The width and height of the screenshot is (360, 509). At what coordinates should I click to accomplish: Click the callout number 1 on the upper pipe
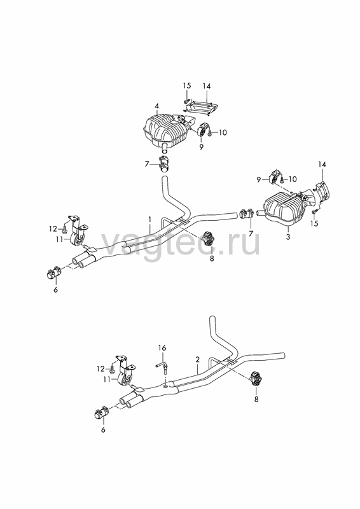pos(150,220)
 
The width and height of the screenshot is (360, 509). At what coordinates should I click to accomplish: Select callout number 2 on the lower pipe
pos(197,359)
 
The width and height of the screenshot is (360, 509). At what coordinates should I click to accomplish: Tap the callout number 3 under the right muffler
pos(288,237)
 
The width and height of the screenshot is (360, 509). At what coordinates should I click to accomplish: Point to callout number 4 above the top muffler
pos(157,106)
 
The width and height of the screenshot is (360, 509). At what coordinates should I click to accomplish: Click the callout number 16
pos(162,348)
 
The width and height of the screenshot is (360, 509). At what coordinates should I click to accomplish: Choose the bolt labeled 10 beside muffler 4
pos(211,132)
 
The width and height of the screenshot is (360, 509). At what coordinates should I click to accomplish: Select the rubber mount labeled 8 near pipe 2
pos(256,379)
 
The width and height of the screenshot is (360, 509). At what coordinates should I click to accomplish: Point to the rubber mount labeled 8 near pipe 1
pos(208,239)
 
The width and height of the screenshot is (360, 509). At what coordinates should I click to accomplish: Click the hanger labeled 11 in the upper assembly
pos(76,233)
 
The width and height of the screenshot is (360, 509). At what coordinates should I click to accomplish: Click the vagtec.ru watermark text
pos(181,243)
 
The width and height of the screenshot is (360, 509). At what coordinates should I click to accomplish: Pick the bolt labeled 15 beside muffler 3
pos(314,211)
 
